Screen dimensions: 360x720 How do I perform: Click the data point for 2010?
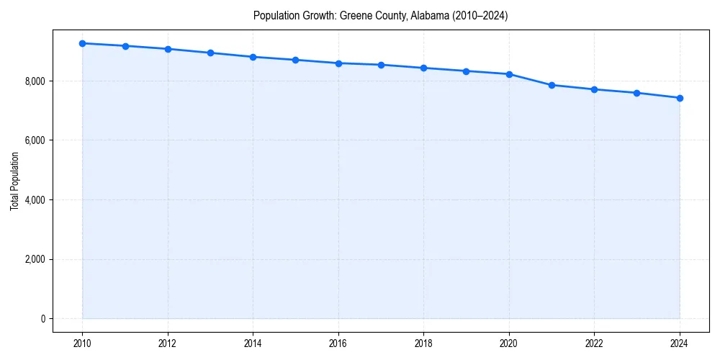(x=83, y=43)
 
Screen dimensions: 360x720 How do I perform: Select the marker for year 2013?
(x=210, y=53)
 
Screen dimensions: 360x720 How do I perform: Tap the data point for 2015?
(x=296, y=60)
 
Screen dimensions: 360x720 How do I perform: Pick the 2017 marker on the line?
(x=381, y=65)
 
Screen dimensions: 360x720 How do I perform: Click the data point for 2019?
(x=467, y=71)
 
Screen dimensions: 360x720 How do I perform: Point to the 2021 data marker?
(x=552, y=85)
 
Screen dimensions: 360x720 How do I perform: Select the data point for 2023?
(x=637, y=93)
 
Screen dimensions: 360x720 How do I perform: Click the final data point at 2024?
(x=680, y=98)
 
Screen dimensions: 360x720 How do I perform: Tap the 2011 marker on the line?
(x=125, y=46)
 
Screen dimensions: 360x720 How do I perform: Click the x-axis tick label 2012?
(x=168, y=343)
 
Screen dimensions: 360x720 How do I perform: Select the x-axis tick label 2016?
(x=338, y=343)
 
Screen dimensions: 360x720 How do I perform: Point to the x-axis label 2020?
(x=509, y=343)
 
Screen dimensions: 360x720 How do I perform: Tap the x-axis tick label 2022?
(x=595, y=343)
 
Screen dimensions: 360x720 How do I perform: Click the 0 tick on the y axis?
(x=42, y=319)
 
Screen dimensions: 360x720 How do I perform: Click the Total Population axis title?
(x=14, y=181)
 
